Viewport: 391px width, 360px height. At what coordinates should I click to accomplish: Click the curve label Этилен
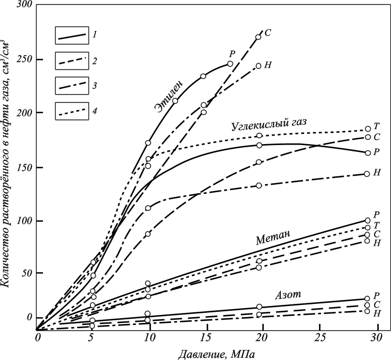[169, 95]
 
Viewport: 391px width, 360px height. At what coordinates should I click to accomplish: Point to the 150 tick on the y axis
[25, 167]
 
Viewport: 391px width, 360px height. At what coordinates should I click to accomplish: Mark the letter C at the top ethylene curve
[268, 33]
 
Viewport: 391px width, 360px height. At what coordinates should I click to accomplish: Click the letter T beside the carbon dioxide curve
[376, 127]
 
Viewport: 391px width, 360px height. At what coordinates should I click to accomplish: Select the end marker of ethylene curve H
[259, 66]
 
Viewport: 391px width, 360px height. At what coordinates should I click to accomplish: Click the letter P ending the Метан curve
[376, 215]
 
